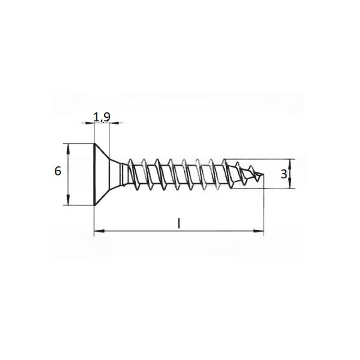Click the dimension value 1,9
[x=102, y=117]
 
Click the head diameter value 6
[x=58, y=171]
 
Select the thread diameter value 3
[x=284, y=174]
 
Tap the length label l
[x=179, y=223]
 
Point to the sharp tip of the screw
[x=264, y=174]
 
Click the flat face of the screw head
[x=94, y=174]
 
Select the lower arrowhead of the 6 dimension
[x=68, y=200]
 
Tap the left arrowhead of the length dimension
[x=100, y=231]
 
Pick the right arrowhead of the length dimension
[x=258, y=231]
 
